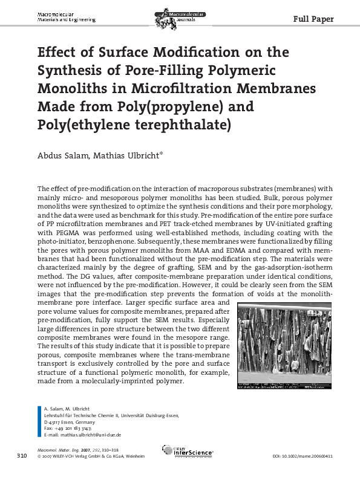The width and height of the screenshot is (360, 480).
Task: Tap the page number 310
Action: (x=22, y=454)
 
